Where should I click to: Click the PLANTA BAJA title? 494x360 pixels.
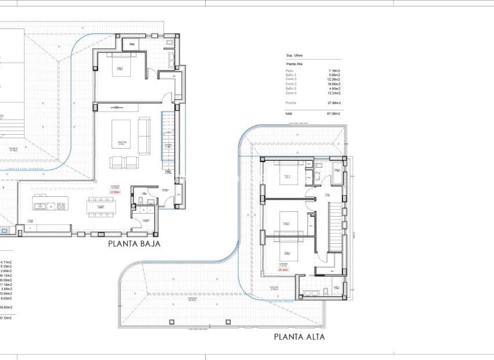point(134,244)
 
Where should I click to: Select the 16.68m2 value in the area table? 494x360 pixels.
point(334,84)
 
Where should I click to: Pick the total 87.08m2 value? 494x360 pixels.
point(333,114)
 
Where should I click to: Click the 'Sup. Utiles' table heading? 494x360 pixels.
point(295,56)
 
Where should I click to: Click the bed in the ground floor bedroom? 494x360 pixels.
point(121,67)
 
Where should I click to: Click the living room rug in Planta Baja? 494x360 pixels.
point(122,134)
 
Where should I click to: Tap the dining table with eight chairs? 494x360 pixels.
point(101,206)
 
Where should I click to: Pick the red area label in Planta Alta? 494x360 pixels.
point(284,269)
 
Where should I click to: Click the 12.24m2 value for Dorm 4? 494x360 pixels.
point(334,93)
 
